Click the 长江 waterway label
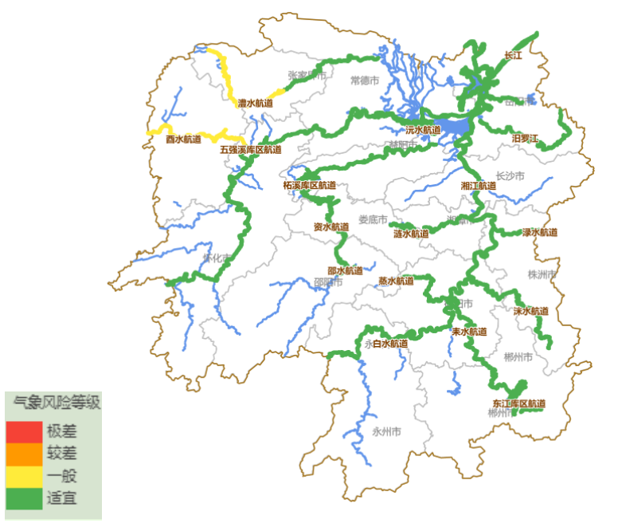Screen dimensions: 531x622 coord(513,56)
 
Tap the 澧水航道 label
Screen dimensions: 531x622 coord(255,103)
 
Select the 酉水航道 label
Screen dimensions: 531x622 coord(183,140)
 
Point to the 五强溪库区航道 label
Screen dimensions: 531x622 coord(251,149)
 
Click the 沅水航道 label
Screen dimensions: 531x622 coord(423,129)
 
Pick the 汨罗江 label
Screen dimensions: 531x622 coord(525,139)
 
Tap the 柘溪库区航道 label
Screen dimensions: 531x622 coord(309,185)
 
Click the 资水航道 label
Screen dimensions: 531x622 coord(331,226)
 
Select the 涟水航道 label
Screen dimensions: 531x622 coord(411,234)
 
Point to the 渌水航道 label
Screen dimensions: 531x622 coord(540,233)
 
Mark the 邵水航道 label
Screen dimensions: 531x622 coord(345,270)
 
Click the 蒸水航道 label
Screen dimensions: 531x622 coord(396,281)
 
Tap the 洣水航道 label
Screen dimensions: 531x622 coord(530,311)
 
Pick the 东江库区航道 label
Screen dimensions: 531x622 coord(519,403)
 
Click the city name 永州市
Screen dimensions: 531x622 coord(386,431)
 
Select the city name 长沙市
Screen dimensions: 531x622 coord(510,175)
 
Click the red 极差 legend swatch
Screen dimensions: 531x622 coord(24,431)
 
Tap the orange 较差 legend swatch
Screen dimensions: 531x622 coord(24,454)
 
